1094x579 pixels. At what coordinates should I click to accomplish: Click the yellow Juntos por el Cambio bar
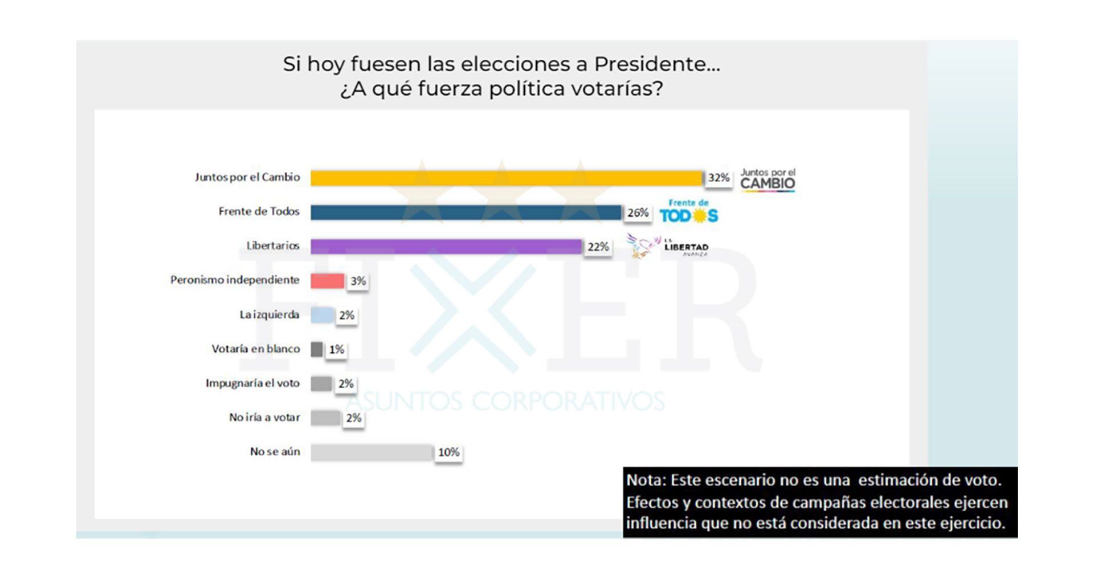(506, 178)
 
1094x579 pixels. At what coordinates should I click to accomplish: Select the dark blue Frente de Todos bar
(466, 212)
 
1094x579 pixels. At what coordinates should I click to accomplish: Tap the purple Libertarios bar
(446, 247)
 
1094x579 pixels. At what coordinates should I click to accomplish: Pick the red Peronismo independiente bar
(327, 281)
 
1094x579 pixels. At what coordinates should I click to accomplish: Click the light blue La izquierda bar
(322, 315)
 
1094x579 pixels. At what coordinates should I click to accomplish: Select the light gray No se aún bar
(372, 452)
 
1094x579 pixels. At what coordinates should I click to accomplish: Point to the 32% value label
(719, 178)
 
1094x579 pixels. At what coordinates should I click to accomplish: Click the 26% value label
(638, 213)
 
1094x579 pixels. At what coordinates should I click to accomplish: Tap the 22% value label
(598, 247)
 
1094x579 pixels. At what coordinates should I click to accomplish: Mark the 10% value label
(448, 453)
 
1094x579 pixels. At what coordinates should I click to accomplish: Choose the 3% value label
(358, 281)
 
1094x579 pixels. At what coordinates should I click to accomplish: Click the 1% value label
(336, 350)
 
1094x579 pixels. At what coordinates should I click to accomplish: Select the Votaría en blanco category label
(255, 349)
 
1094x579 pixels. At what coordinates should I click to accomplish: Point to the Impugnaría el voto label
(252, 383)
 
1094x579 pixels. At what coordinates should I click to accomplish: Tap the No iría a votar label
(264, 417)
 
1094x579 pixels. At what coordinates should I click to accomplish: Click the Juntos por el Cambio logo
(768, 180)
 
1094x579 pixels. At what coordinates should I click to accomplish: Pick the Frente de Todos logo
(689, 212)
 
